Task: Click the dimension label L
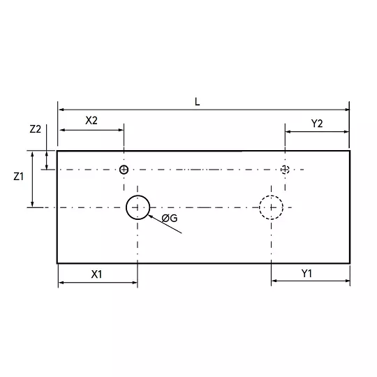tap(197, 102)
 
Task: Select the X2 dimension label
tap(91, 121)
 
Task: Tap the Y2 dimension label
tap(317, 124)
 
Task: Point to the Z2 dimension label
tap(36, 129)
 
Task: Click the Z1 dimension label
tap(19, 177)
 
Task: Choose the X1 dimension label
tap(96, 274)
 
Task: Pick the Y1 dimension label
tap(306, 274)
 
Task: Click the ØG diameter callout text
tap(170, 219)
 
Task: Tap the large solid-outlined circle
tap(126, 207)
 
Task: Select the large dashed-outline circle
tap(260, 207)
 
